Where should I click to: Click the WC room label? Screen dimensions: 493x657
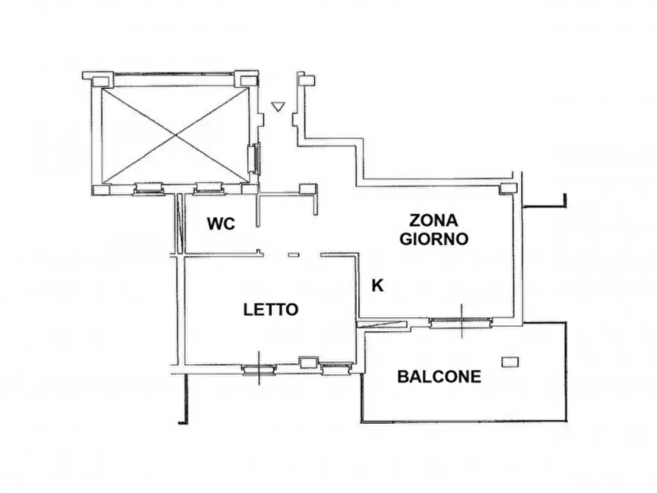click(x=221, y=224)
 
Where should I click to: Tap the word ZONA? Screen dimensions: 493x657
click(x=433, y=220)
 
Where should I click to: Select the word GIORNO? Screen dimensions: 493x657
click(x=433, y=239)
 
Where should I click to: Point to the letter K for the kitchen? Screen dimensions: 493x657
click(x=377, y=285)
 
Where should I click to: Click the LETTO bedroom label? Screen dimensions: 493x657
click(x=271, y=310)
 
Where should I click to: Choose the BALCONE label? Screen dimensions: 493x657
click(x=439, y=377)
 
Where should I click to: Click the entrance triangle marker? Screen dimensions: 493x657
click(x=277, y=107)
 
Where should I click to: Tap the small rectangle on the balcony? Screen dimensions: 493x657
click(x=510, y=361)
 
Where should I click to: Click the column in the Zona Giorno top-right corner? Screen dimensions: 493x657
click(x=508, y=188)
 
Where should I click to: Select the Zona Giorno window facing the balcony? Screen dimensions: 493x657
click(x=461, y=321)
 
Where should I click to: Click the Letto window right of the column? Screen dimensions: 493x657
click(x=335, y=368)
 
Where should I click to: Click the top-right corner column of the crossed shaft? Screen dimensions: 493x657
click(x=246, y=77)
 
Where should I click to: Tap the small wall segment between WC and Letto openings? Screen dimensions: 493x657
click(x=294, y=255)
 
